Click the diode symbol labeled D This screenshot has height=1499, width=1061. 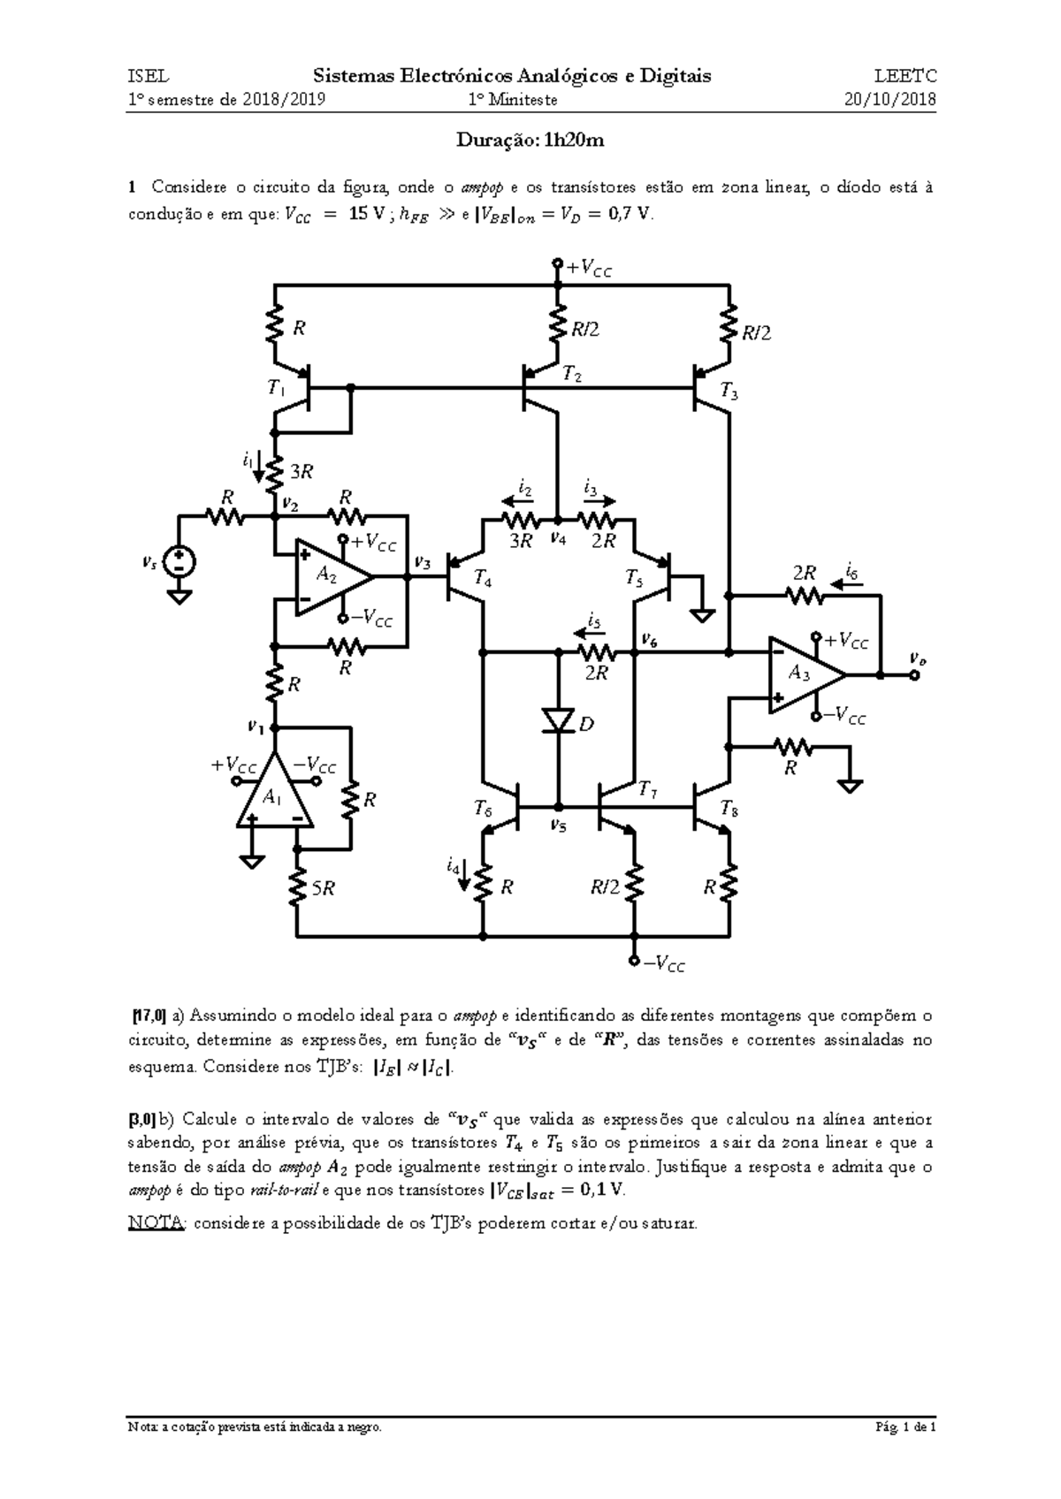click(558, 721)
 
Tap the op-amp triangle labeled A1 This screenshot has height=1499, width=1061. click(274, 790)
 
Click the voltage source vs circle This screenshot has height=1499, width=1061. click(179, 560)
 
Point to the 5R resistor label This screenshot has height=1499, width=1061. click(324, 888)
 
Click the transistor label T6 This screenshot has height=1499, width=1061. click(483, 809)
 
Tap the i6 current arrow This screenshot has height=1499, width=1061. click(846, 585)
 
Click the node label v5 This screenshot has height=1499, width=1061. click(558, 826)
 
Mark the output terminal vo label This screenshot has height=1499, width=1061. click(917, 658)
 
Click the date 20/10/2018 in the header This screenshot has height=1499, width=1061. click(889, 100)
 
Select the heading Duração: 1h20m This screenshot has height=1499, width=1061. click(530, 141)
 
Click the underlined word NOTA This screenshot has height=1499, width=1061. click(156, 1223)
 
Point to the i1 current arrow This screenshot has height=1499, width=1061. click(258, 473)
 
